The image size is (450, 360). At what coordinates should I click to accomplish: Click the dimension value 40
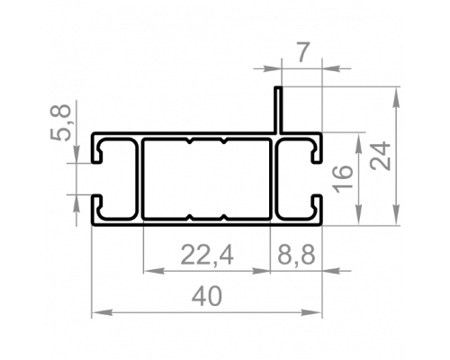click(x=207, y=296)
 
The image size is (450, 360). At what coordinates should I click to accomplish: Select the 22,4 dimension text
click(x=207, y=256)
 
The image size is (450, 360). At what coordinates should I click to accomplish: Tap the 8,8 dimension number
click(x=296, y=256)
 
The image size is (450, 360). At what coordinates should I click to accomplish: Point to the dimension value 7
click(x=302, y=53)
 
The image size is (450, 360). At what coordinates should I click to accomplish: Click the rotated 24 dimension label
click(x=381, y=156)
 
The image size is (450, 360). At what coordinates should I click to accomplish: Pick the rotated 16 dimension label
click(x=343, y=179)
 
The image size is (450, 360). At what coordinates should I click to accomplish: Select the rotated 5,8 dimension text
click(x=60, y=122)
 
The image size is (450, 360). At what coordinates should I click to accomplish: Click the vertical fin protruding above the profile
click(x=279, y=110)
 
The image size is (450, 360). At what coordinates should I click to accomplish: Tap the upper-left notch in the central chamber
click(x=189, y=141)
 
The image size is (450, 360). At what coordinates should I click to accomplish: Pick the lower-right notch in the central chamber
click(x=223, y=217)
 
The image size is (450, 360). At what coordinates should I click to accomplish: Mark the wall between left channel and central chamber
click(x=139, y=179)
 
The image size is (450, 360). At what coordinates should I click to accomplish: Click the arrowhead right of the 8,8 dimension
click(x=332, y=271)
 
